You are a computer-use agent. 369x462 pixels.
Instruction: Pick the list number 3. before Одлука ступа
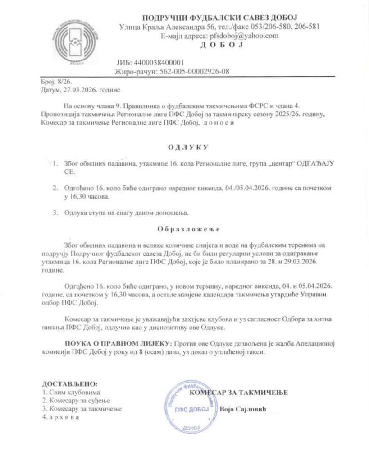55,213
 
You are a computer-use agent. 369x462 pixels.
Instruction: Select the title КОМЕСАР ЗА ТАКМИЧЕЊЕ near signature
239,393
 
